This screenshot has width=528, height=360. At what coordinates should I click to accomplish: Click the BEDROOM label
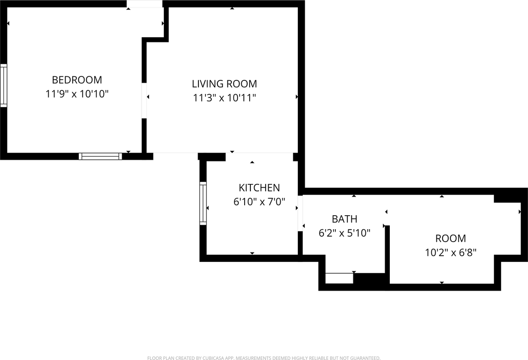click(x=77, y=80)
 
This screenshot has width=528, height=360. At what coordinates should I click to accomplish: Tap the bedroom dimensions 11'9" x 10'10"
click(x=77, y=94)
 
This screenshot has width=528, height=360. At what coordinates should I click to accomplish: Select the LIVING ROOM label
click(x=224, y=84)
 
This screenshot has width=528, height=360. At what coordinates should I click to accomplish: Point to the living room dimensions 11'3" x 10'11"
click(x=224, y=98)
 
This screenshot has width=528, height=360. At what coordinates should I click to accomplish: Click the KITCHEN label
click(x=259, y=188)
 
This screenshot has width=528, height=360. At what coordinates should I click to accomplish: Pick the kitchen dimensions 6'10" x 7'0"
click(x=259, y=202)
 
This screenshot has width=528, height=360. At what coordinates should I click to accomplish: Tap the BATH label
click(x=344, y=219)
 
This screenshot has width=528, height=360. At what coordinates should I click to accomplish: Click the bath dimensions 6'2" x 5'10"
click(x=344, y=233)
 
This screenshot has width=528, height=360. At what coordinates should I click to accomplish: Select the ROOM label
click(x=450, y=238)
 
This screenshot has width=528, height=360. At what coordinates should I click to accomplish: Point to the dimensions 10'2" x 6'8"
click(x=450, y=252)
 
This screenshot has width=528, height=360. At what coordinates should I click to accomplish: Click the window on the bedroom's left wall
click(x=3, y=85)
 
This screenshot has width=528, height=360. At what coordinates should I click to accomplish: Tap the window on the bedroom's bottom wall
click(x=100, y=156)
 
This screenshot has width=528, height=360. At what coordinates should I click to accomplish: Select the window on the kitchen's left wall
click(x=203, y=203)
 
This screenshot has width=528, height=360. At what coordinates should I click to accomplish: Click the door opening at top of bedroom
click(x=144, y=4)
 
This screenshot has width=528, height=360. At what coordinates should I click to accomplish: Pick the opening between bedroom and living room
click(x=144, y=101)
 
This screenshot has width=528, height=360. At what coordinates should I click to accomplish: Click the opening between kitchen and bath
click(x=301, y=213)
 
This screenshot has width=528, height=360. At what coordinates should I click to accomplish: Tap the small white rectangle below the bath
click(x=339, y=278)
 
